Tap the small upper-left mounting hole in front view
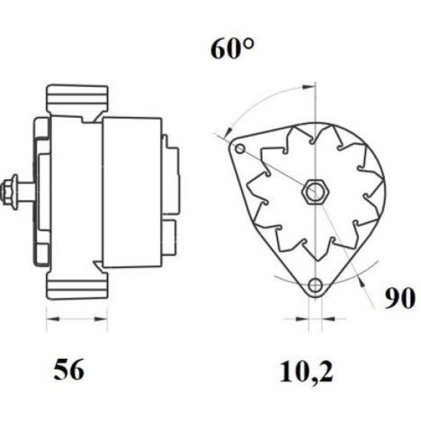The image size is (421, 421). [240, 148]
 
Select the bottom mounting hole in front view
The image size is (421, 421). [314, 286]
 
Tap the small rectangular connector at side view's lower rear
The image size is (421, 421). [171, 230]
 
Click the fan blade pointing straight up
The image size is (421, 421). [314, 138]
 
